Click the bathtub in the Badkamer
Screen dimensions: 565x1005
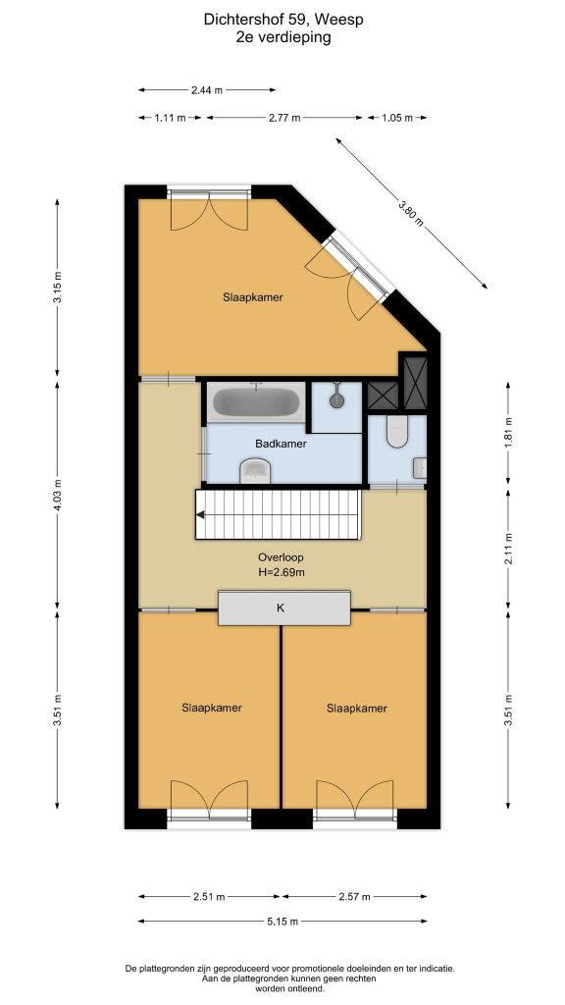256,401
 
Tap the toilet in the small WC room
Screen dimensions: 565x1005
396,431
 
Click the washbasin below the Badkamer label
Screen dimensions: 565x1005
256,471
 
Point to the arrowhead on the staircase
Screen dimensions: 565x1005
200,514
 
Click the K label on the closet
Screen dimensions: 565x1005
280,608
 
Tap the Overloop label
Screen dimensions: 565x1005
282,557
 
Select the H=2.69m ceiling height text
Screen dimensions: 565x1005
282,572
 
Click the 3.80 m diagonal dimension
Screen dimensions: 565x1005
411,214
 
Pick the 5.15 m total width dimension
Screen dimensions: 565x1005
282,922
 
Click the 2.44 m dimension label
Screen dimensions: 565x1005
207,90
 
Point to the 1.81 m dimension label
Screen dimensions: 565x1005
508,433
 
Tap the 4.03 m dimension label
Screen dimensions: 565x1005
57,496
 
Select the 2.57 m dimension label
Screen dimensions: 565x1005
354,897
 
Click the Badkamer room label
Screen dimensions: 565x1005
281,444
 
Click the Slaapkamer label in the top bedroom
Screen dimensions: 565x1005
253,297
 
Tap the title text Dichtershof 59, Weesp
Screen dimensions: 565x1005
283,20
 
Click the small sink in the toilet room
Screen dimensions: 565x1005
420,468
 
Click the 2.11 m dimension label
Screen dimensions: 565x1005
508,549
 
